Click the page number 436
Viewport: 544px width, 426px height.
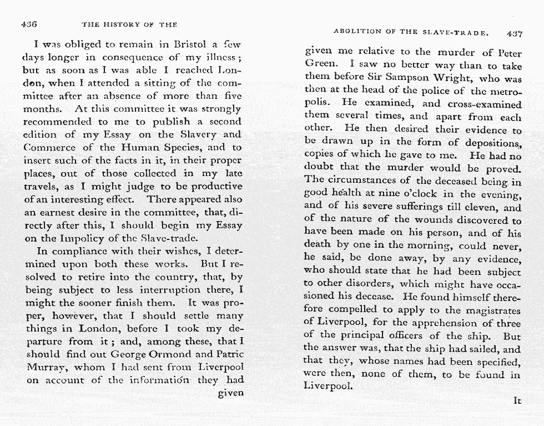pyautogui.click(x=28, y=24)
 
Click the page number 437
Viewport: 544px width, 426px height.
pyautogui.click(x=515, y=33)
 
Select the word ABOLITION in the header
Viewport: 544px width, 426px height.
pyautogui.click(x=357, y=32)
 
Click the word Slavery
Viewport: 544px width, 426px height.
pyautogui.click(x=200, y=134)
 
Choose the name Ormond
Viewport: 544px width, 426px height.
pyautogui.click(x=177, y=354)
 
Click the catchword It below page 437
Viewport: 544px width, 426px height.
pyautogui.click(x=517, y=399)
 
